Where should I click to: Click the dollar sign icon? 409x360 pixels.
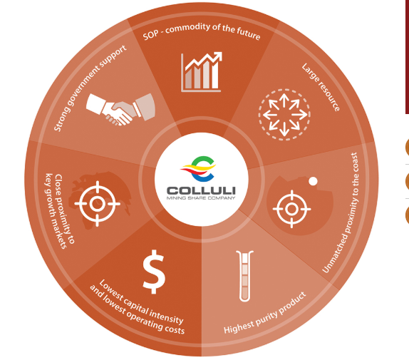(154, 272)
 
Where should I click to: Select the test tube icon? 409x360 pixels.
(244, 276)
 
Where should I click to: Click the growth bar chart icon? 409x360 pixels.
(202, 72)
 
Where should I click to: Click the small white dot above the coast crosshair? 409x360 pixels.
(313, 181)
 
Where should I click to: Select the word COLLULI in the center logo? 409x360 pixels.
(201, 190)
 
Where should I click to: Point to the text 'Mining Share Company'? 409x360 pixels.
(201, 198)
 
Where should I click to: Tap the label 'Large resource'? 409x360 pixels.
(321, 87)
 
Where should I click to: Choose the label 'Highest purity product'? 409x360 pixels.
(264, 314)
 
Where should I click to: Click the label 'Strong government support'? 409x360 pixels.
(90, 88)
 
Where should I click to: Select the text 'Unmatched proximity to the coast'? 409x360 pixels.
(341, 213)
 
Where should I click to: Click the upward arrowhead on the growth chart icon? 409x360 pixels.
(218, 56)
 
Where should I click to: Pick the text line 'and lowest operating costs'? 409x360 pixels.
(137, 311)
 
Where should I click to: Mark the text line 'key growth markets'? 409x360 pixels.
(56, 211)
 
